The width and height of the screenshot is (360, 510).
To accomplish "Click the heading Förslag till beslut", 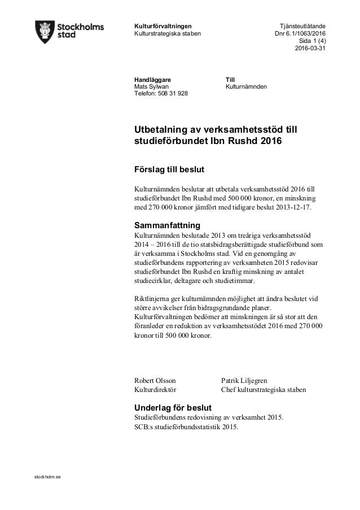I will [x=169, y=170].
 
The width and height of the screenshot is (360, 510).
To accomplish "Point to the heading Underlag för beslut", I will [x=172, y=407].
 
